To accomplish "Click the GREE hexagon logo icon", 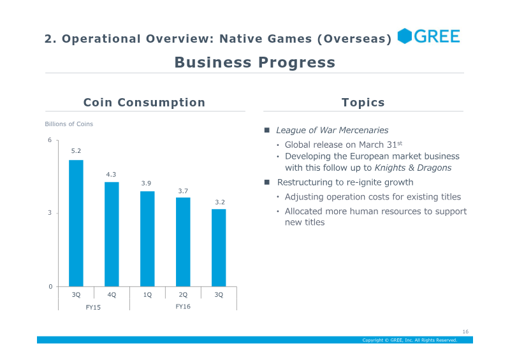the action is point(405,36).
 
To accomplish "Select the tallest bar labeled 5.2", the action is point(76,223).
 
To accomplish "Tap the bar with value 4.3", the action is point(112,234).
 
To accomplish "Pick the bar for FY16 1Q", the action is point(147,239).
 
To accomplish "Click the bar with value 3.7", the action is point(183,242).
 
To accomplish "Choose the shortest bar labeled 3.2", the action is point(219,248).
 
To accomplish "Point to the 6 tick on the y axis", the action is point(50,140).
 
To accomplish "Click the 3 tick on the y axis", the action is point(50,213).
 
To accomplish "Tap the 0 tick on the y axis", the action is point(50,287).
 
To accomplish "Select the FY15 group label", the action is point(93,307).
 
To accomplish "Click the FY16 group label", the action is point(183,306).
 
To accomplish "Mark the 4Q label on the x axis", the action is point(112,294).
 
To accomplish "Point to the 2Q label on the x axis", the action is point(183,294).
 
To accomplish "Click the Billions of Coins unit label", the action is point(69,124).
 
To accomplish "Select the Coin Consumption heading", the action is point(145,103).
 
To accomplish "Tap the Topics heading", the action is point(363,103).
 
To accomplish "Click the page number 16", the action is point(465,331).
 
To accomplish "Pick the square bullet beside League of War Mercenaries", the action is point(267,130).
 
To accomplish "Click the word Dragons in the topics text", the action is point(434,168).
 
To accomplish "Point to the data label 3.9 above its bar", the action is point(146,184).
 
